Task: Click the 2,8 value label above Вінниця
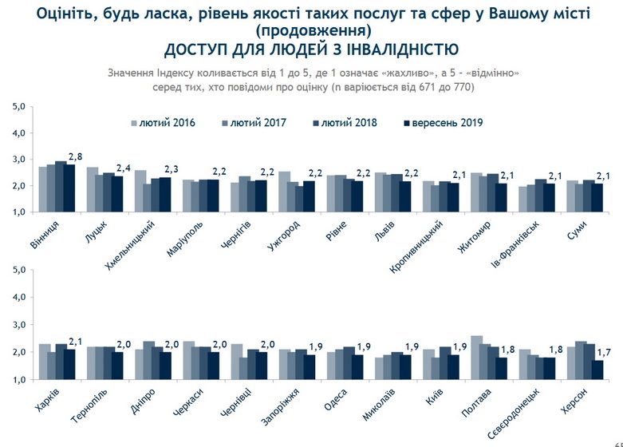click(77, 156)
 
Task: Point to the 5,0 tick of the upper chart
click(20, 107)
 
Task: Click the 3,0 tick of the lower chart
click(20, 326)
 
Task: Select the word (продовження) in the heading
click(313, 31)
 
